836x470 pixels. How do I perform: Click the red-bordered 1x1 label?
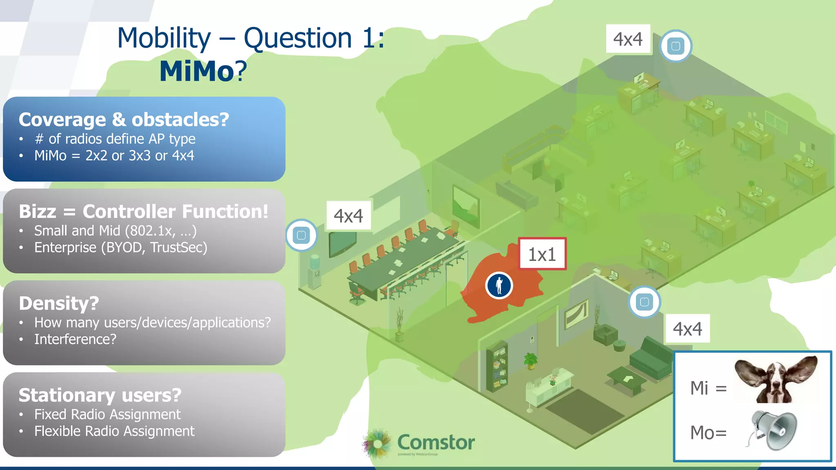tap(542, 254)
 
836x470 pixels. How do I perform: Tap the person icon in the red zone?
tap(499, 285)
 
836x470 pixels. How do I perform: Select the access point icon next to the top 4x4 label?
tap(676, 46)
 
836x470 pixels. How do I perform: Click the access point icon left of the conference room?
tap(301, 235)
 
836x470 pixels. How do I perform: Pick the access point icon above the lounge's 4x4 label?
tap(644, 302)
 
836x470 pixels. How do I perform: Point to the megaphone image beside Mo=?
tap(773, 430)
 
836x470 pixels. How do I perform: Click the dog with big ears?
tap(776, 379)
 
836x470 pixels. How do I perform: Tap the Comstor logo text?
tap(436, 442)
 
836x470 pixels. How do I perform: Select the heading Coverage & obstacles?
tap(124, 120)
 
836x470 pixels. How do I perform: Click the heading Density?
tap(59, 303)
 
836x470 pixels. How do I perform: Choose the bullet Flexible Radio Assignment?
tap(114, 431)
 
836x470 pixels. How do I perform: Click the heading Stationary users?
tap(100, 395)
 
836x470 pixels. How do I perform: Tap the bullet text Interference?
tap(75, 339)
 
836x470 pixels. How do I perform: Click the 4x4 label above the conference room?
tap(348, 216)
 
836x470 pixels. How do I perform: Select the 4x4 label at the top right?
tap(628, 39)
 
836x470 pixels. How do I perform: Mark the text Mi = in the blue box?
tap(708, 388)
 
